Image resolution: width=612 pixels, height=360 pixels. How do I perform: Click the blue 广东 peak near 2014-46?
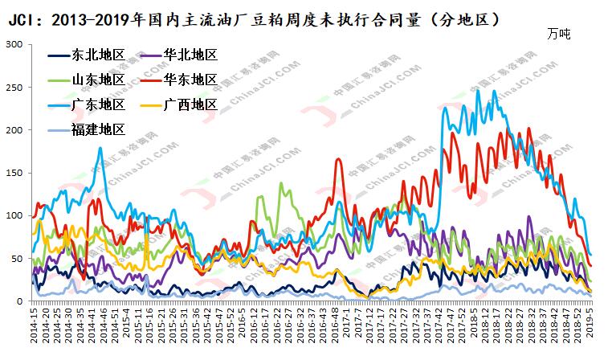pyautogui.click(x=100, y=148)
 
